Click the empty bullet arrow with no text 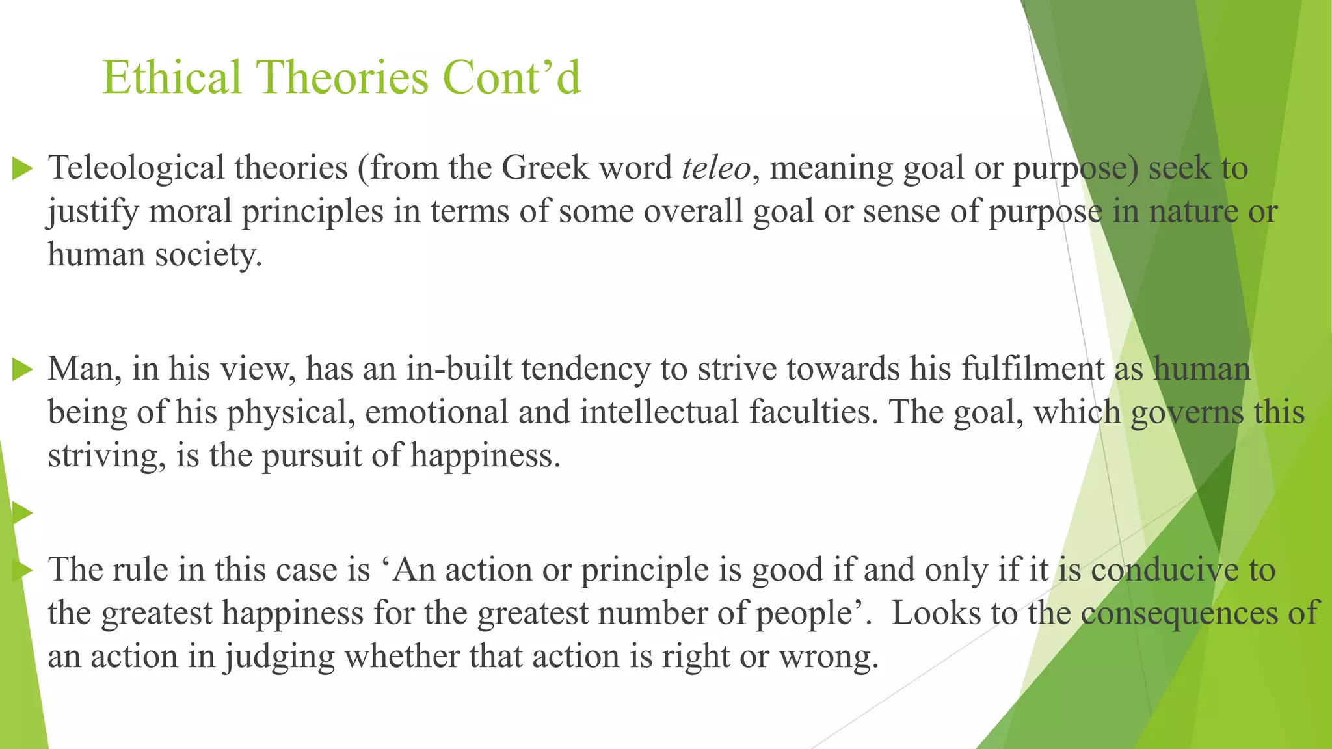[x=23, y=513]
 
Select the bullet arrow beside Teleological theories [x=23, y=170]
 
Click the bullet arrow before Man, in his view [x=23, y=371]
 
